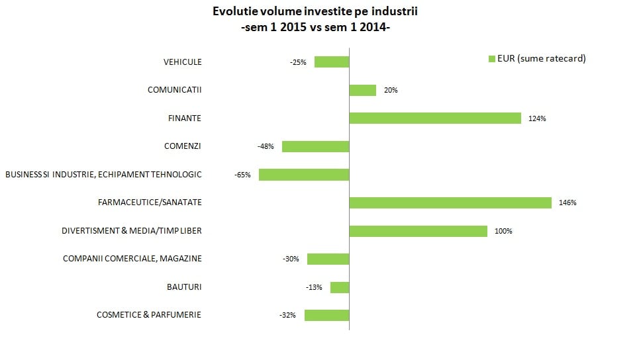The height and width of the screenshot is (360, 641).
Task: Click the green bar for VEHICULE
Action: [332, 62]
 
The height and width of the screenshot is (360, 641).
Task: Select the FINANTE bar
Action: [435, 118]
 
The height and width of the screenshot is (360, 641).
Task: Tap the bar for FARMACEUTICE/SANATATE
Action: [450, 202]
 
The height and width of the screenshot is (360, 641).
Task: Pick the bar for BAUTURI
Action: [340, 287]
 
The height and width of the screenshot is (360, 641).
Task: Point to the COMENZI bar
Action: [315, 146]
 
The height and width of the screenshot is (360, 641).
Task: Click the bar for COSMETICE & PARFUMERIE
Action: [326, 315]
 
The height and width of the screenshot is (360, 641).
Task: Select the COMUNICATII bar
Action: [362, 90]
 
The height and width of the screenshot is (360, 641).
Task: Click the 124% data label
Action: [537, 118]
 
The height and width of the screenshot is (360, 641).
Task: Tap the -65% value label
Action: [242, 175]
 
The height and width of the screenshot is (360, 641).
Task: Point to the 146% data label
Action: [567, 203]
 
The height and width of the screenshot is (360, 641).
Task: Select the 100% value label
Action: [503, 231]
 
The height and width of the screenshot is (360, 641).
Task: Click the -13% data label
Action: [314, 287]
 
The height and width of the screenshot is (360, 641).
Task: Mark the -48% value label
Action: [266, 146]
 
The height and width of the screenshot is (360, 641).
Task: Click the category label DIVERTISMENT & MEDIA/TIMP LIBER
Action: [131, 231]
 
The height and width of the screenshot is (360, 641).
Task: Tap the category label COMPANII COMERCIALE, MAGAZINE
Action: [132, 259]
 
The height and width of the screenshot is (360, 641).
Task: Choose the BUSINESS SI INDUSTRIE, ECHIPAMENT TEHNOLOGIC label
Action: [103, 175]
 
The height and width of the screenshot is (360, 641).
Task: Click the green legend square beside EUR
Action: [491, 59]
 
